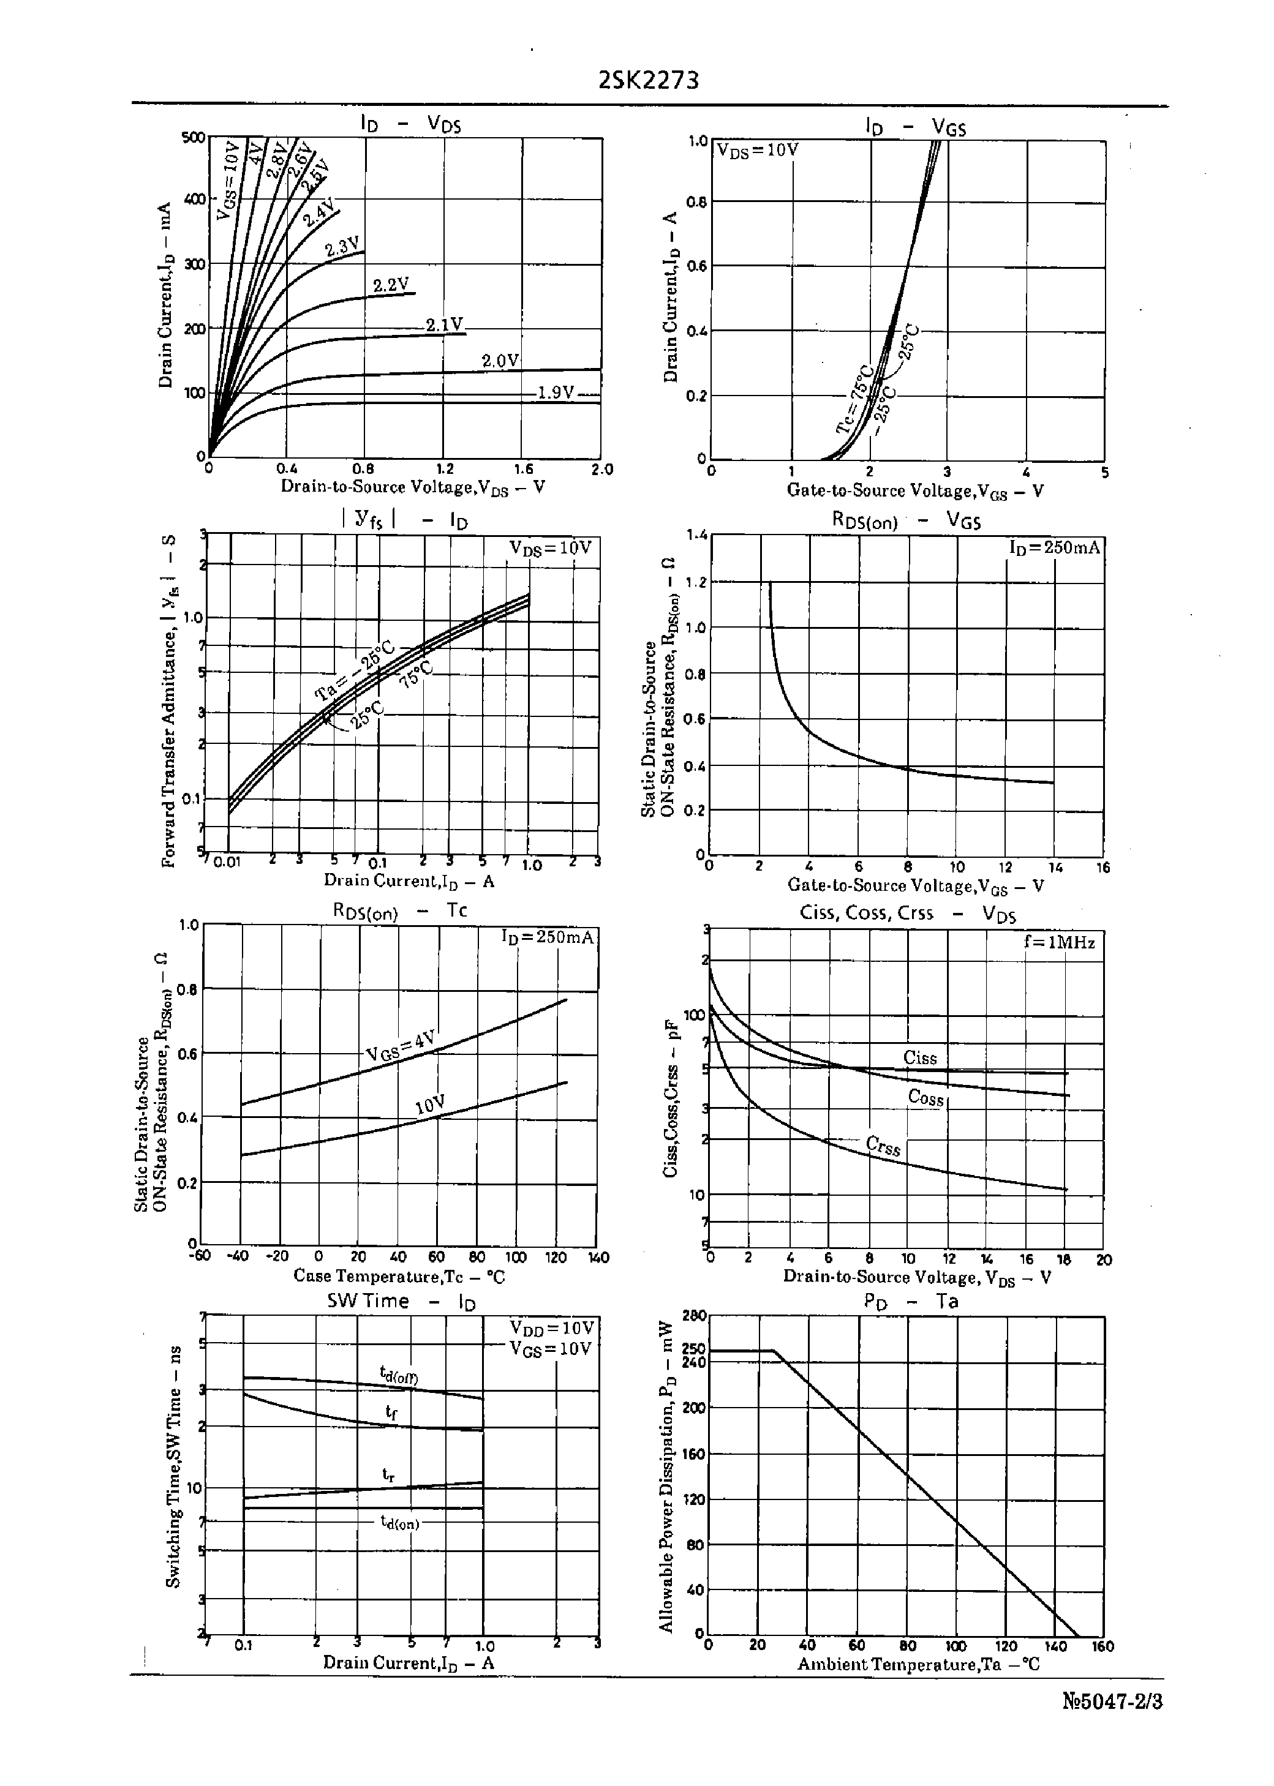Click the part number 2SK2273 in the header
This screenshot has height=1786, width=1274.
click(x=648, y=81)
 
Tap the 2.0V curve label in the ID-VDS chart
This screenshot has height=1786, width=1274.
click(x=500, y=361)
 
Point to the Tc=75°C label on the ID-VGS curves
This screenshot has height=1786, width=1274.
click(x=855, y=398)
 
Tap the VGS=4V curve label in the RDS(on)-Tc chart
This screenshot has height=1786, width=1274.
click(x=400, y=1046)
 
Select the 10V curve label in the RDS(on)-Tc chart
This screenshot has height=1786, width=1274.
click(x=431, y=1104)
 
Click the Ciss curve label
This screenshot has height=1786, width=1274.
click(x=920, y=1057)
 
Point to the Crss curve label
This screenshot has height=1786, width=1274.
click(x=883, y=1146)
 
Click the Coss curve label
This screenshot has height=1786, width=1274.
click(x=925, y=1098)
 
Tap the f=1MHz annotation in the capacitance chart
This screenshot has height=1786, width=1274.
click(x=1059, y=942)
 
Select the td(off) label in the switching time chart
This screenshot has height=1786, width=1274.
click(x=399, y=1375)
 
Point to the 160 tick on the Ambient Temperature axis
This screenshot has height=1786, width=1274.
click(x=1103, y=1646)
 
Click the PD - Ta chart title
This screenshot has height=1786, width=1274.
click(x=911, y=1302)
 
